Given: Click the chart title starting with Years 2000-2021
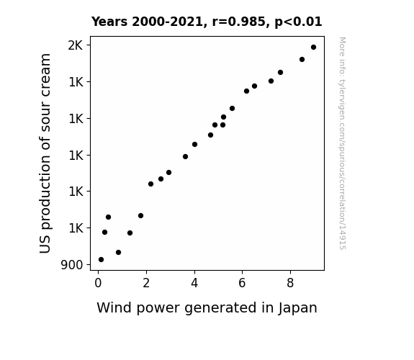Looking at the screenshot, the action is pos(207,22).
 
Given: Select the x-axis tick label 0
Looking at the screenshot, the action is pos(98,283).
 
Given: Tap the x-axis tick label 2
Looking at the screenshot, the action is pos(146,283).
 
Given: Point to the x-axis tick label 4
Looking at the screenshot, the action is pos(194,283).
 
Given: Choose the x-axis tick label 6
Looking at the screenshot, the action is pos(242,283).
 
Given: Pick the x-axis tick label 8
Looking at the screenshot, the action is pos(290,283).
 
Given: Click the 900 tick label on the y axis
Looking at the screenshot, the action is pos(72,265).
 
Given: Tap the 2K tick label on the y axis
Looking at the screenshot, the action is pos(76,45).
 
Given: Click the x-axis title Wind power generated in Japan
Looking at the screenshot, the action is pos(207,308).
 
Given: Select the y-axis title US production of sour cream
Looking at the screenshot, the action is pos(45,153).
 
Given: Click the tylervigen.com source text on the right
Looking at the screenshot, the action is pos(343,143).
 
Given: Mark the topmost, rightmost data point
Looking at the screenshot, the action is pos(313,48).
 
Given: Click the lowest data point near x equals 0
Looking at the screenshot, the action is pos(101,260).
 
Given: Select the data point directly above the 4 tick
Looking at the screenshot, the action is pos(194,145).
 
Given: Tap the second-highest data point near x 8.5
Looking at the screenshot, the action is pos(302,60).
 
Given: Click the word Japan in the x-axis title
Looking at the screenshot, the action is pos(297,308).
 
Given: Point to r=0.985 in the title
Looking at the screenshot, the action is pos(239,22).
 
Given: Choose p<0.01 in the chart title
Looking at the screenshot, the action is pos(298,22).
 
